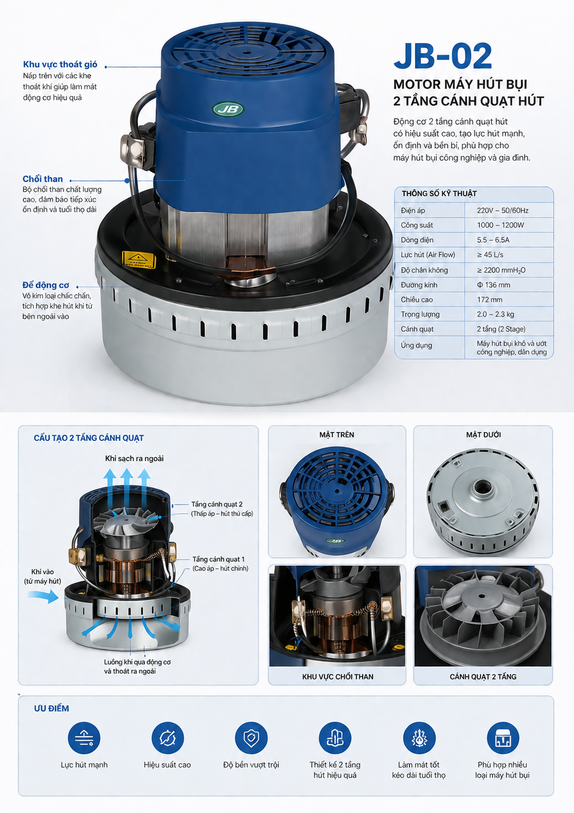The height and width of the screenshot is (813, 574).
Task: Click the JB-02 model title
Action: pos(443,56)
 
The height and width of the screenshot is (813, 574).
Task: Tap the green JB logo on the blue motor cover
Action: pos(228,109)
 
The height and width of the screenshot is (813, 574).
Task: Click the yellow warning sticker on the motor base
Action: pos(139,260)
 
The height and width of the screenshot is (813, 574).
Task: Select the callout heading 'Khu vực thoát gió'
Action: pos(60,65)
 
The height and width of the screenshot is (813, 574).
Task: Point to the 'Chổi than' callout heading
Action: pos(43,179)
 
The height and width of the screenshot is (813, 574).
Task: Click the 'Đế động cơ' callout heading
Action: pos(46,286)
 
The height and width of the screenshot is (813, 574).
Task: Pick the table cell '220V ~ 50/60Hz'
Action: pos(503,210)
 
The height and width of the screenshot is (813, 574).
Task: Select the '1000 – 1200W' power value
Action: pos(500,225)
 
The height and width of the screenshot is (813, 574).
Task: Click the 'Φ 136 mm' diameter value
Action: pos(493,285)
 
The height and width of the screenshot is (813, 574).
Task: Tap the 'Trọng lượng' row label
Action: pos(420,314)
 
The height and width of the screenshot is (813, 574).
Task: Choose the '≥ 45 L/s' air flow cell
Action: pos(490,255)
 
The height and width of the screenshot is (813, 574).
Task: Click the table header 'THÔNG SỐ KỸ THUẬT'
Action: pos(439,193)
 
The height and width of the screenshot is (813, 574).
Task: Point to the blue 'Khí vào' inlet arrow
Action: pos(44,596)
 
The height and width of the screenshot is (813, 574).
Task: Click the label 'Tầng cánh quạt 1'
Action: pos(218,559)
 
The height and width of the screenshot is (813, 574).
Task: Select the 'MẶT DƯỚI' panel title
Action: pos(483,435)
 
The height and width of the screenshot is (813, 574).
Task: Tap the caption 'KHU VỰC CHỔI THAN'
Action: pos(338,677)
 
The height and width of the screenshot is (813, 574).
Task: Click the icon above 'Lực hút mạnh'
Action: pos(84,738)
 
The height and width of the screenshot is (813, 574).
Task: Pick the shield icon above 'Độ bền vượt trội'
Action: pos(251,738)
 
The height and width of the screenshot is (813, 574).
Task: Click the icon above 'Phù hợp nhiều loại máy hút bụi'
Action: pos(503,738)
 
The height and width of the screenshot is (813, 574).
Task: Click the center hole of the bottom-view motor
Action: pos(482,486)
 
